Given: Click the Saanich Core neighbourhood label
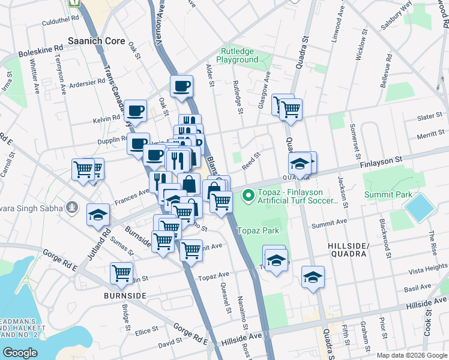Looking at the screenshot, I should coord(97,41).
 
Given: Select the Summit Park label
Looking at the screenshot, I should coord(388,194).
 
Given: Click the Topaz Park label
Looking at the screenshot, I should coord(258,230).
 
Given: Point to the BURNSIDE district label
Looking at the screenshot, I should coord(125,296).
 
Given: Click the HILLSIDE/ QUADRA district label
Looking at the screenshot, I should coord(348,250).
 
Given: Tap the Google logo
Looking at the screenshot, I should coord(20,352).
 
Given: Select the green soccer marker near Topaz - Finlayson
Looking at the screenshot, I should coord(247,195).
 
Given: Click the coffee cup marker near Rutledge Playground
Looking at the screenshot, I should coord(181,86).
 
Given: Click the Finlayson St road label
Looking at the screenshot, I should coord(380,162).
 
